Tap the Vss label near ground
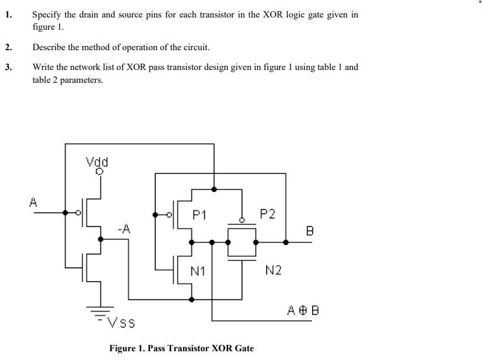coord(121,322)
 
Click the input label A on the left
coord(33,202)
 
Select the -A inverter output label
coord(123,229)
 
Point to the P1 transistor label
coord(199,215)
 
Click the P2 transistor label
coord(267,214)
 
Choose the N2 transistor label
coord(273,270)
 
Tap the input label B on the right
coord(309,231)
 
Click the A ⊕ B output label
coord(303,310)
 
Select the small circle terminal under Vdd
coord(99,172)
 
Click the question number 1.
coord(8,15)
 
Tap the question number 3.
coord(8,67)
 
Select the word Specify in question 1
coord(48,15)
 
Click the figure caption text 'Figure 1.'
coord(127,348)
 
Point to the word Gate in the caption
coord(244,348)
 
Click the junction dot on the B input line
coord(285,242)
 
